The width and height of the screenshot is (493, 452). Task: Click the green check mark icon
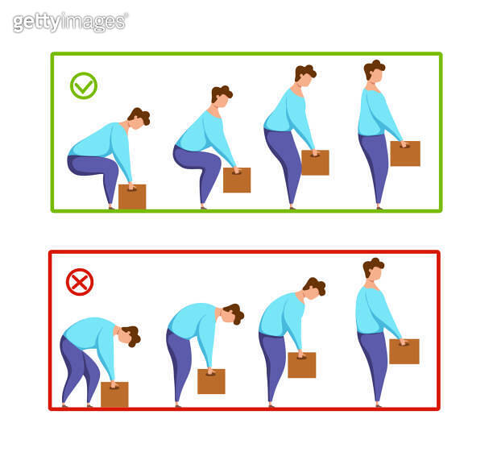coord(83,85)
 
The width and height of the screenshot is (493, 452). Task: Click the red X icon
coord(79,282)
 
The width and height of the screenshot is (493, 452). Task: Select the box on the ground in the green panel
coord(132,197)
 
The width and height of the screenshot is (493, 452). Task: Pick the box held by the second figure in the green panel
coord(237,180)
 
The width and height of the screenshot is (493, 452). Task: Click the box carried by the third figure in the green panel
coord(315,162)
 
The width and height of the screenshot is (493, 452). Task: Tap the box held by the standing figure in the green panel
coord(405,153)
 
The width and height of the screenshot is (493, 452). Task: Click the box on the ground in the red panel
coord(114,395)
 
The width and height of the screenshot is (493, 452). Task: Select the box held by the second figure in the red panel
coord(211,381)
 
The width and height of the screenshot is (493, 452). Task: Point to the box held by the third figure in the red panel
coord(301,365)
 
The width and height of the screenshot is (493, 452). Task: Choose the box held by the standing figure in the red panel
coord(404,351)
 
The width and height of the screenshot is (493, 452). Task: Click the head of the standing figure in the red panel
coord(373,271)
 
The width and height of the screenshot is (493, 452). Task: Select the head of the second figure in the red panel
coord(234,313)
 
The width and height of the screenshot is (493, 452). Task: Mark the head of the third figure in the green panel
coord(304,76)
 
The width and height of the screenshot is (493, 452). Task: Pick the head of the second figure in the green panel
coord(221,96)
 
